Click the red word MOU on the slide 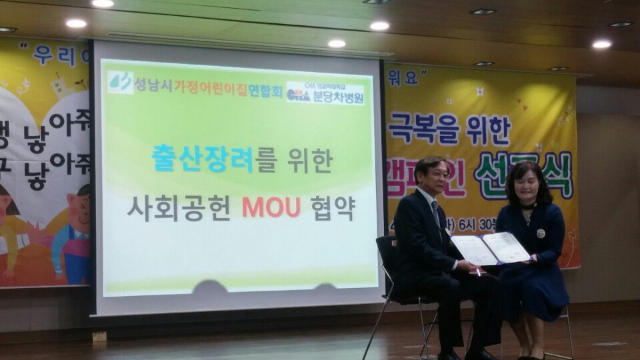[271, 207]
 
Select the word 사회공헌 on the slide [179, 207]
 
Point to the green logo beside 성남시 [121, 83]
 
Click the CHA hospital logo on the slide [298, 94]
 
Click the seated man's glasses [439, 173]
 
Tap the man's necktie [437, 213]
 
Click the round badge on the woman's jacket [541, 233]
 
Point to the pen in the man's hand [478, 271]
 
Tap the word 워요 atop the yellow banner [402, 78]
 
